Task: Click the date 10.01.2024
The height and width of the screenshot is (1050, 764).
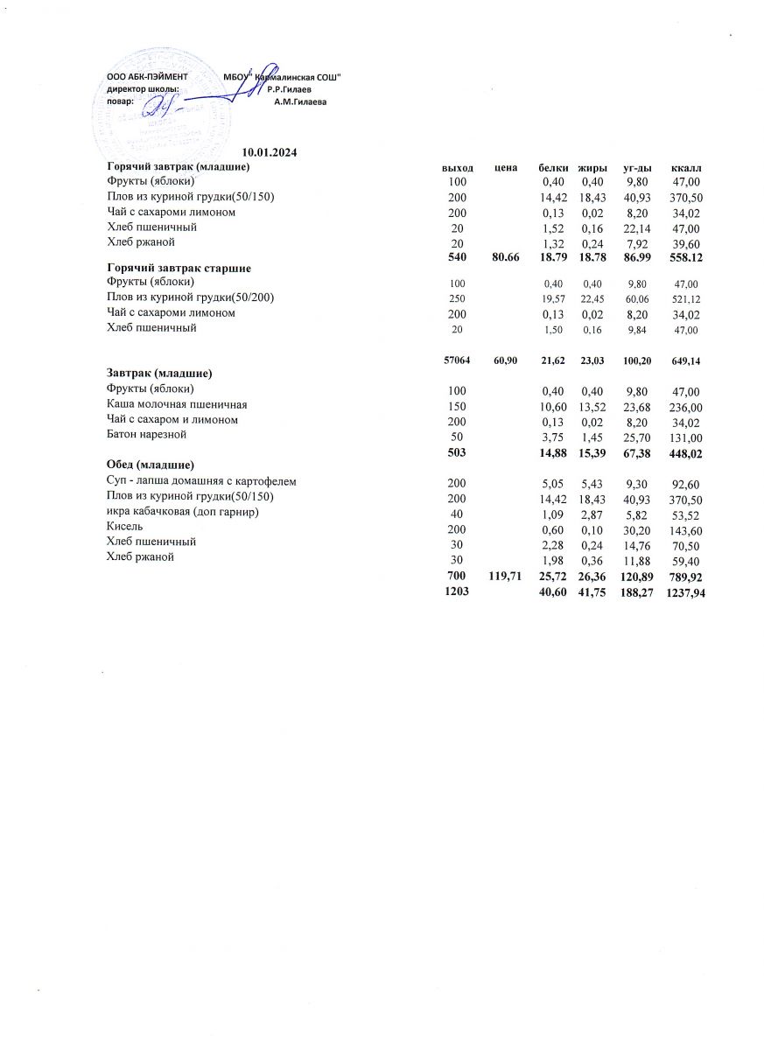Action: pyautogui.click(x=270, y=153)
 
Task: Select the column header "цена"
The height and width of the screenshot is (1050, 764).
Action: pyautogui.click(x=506, y=167)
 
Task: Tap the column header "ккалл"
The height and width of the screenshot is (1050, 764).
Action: pyautogui.click(x=687, y=167)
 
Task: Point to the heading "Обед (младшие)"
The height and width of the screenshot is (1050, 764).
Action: pyautogui.click(x=150, y=463)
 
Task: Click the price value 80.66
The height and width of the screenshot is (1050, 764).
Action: pyautogui.click(x=506, y=257)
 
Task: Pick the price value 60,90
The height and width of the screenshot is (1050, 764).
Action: pyautogui.click(x=506, y=360)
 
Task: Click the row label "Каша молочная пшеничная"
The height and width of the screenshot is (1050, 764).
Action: pyautogui.click(x=177, y=404)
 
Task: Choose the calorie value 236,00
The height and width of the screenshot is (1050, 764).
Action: pyautogui.click(x=685, y=405)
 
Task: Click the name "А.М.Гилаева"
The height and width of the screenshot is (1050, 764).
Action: pyautogui.click(x=300, y=101)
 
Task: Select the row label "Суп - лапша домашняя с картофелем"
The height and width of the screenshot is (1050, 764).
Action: pyautogui.click(x=201, y=481)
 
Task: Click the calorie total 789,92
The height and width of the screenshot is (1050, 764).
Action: pyautogui.click(x=685, y=578)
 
